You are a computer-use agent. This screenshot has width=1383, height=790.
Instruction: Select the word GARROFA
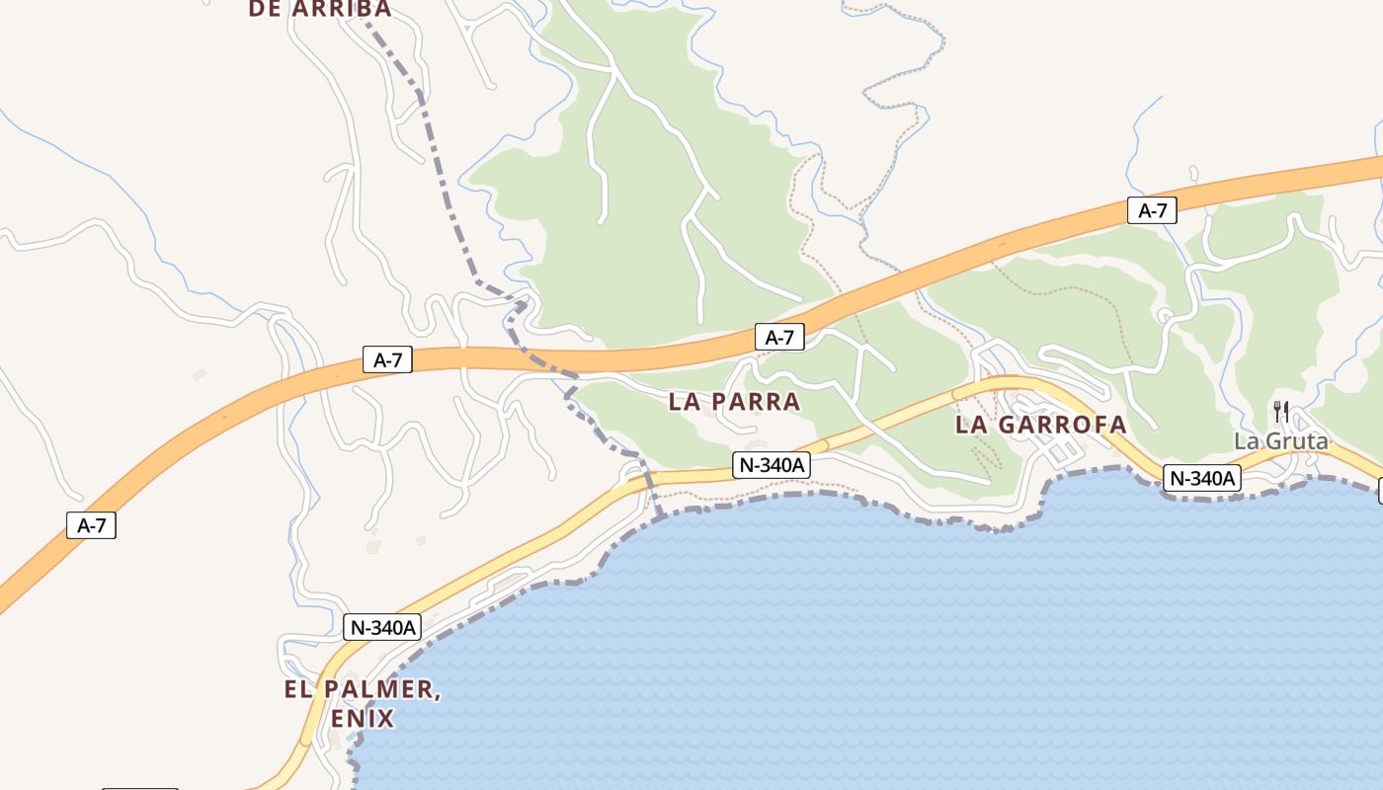coord(1064,425)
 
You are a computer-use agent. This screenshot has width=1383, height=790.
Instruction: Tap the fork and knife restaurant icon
coord(1281,411)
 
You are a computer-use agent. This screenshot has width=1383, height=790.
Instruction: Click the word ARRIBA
coord(342,9)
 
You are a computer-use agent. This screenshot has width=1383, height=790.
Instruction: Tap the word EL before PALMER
coord(300,689)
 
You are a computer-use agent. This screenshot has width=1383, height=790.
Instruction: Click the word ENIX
coord(363,719)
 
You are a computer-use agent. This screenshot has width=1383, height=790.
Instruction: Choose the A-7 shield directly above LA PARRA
coord(779,338)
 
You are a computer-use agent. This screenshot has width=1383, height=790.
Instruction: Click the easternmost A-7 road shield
coord(1152,210)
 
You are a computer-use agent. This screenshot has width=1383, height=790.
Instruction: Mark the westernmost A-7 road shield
coord(91,525)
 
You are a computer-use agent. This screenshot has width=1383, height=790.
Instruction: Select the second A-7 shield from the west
coord(387,360)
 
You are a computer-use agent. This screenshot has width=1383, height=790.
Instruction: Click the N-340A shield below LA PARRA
coord(772,465)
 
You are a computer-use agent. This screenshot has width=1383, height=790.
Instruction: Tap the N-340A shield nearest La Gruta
coord(1201,478)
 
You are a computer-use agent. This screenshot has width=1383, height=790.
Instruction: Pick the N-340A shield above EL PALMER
coord(382,627)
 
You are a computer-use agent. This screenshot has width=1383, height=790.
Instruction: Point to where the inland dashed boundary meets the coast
coord(658,514)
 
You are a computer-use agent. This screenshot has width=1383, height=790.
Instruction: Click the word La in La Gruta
coord(1247,441)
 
